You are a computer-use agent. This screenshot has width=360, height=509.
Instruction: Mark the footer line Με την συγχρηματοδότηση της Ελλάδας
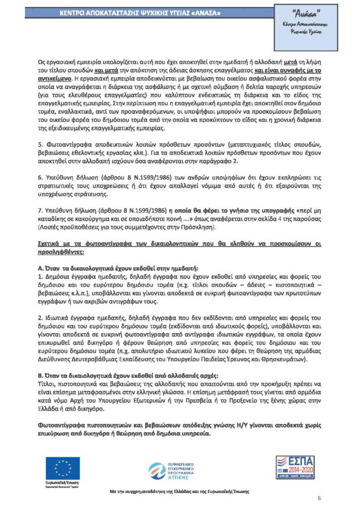coord(180,491)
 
